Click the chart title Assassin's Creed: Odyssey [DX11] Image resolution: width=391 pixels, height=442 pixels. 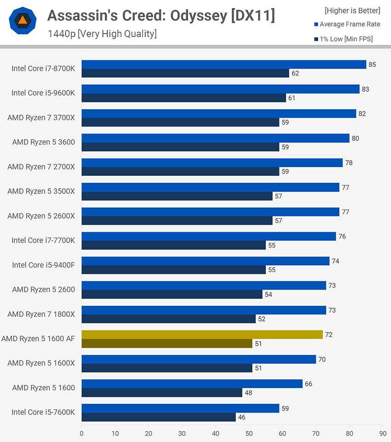[x=161, y=16]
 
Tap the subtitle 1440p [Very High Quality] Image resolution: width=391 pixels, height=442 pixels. [x=102, y=34]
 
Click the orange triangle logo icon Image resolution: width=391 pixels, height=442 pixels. [x=22, y=20]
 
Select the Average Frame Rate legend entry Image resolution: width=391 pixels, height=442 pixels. [x=350, y=24]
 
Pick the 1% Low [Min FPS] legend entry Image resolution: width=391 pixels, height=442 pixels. [x=346, y=39]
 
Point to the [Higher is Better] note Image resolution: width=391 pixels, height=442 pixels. [x=352, y=10]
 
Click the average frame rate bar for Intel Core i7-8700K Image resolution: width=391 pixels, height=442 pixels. [x=224, y=64]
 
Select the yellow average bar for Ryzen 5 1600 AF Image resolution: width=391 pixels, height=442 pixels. [x=202, y=335]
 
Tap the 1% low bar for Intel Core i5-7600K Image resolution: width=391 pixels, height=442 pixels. [x=158, y=417]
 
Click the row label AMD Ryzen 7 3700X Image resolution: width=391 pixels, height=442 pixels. [x=41, y=117]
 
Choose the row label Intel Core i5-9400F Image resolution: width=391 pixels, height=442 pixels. [x=43, y=265]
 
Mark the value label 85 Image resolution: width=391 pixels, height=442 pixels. [x=372, y=64]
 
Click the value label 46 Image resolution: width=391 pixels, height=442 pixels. [x=241, y=417]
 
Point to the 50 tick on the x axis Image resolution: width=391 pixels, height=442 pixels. [x=249, y=433]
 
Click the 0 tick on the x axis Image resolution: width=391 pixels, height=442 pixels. [x=82, y=433]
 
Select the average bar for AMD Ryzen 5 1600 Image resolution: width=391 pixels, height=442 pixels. [x=192, y=384]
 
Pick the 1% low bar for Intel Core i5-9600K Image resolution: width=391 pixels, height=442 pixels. [x=184, y=98]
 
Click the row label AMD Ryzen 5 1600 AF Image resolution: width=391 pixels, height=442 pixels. [x=38, y=339]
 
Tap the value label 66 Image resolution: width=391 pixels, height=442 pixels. [x=308, y=384]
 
